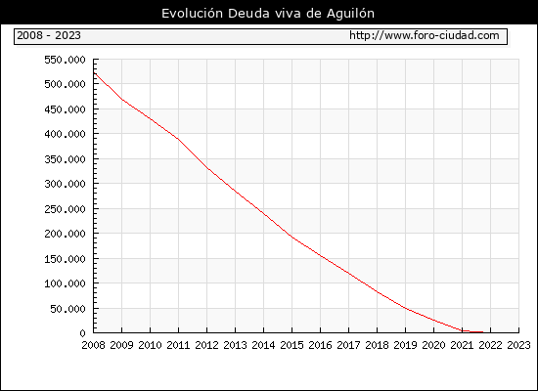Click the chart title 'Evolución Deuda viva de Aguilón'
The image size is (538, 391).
[268, 14]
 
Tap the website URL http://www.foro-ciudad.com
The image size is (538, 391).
[425, 35]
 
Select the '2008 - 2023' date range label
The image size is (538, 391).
[49, 35]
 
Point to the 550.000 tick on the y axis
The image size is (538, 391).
[65, 60]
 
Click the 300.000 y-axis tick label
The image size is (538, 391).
[65, 184]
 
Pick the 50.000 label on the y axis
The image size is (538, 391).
[67, 309]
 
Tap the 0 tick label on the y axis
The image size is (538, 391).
[82, 333]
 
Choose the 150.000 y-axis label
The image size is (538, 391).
[65, 259]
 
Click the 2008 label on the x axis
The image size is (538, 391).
[93, 345]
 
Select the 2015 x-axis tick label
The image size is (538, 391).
[292, 345]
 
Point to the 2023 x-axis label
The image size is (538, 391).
[518, 345]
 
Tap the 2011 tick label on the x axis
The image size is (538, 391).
[178, 345]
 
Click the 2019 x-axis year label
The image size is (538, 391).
[405, 345]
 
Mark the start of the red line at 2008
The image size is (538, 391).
[94, 72]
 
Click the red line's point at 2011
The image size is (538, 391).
[178, 139]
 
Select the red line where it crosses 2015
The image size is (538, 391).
[292, 237]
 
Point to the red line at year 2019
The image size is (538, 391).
[405, 308]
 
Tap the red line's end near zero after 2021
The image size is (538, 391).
[483, 332]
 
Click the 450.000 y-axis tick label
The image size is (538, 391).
[65, 109]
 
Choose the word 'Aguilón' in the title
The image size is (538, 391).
[350, 14]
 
